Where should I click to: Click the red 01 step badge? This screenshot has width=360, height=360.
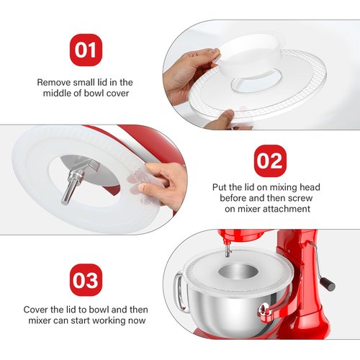(x=86, y=51)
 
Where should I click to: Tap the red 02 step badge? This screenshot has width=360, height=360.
(x=269, y=161)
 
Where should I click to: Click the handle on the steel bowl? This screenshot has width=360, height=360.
(x=177, y=288)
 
